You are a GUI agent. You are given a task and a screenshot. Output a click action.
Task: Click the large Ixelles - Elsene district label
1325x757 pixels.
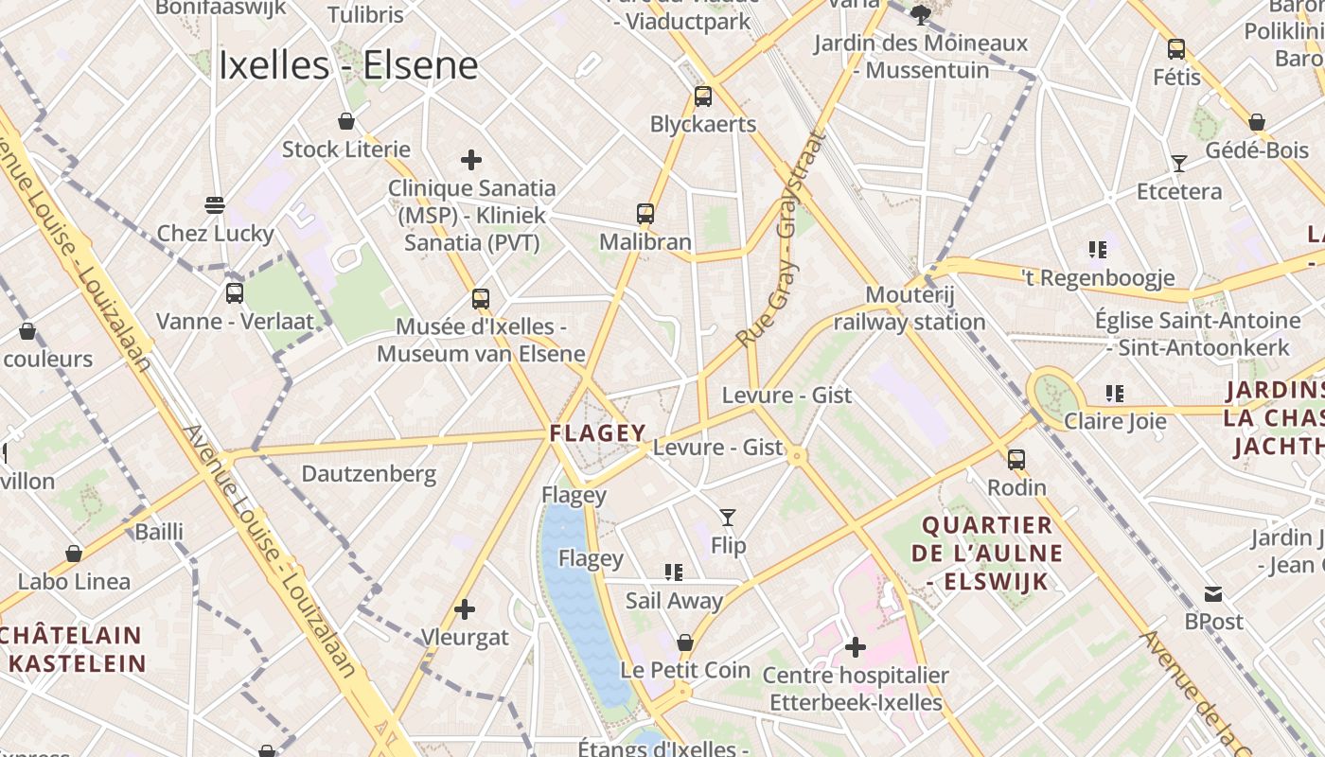(x=348, y=66)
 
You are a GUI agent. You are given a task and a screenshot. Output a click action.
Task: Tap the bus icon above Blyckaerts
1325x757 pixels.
(x=702, y=96)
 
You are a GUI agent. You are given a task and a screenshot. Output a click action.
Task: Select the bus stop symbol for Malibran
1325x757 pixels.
(x=645, y=214)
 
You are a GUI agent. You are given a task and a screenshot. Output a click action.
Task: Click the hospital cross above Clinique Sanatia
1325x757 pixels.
(x=470, y=160)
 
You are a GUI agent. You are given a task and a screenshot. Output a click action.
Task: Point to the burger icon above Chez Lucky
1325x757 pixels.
(x=215, y=205)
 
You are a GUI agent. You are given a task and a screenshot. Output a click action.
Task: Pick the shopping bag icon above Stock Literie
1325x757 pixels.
(x=346, y=121)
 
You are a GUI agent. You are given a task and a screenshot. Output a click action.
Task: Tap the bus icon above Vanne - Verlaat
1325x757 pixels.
(x=235, y=293)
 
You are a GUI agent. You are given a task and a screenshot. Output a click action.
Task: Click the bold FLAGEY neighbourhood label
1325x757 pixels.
(x=598, y=433)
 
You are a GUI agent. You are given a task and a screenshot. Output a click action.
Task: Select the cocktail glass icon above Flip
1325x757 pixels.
(x=728, y=518)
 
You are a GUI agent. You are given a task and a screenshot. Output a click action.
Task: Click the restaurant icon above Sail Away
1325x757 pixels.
(x=674, y=572)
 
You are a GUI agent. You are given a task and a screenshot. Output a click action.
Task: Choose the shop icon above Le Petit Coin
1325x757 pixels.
(x=685, y=643)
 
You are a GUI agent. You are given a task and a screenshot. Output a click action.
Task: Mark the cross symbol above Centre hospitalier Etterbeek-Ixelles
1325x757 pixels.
(x=856, y=647)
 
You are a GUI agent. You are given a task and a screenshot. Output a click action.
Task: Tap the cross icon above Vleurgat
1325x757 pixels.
(x=465, y=608)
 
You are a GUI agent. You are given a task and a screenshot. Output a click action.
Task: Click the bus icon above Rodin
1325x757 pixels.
(x=1016, y=460)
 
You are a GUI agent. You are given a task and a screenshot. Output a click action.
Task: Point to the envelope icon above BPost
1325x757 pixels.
(x=1213, y=594)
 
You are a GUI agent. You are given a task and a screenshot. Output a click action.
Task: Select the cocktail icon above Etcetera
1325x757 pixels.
(x=1179, y=164)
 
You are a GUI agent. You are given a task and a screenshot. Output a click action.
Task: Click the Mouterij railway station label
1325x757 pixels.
(x=910, y=308)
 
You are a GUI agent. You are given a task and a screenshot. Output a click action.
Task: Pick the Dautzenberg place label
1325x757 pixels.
(x=369, y=473)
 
